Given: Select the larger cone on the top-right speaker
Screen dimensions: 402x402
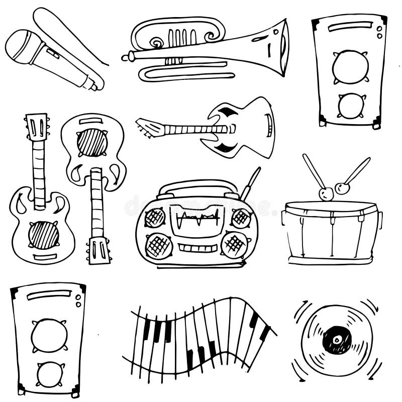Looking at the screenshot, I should pos(350,67).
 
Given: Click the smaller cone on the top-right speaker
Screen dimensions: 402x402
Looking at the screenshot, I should pos(351,106).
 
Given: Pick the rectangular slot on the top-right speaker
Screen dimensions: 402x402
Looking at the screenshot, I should pos(350,26).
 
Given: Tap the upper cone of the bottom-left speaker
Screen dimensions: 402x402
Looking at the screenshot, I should pos(49,335).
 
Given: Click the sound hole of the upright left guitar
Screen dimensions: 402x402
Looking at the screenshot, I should pos(43,235).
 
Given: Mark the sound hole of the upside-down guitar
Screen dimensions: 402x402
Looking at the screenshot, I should pos(92,142).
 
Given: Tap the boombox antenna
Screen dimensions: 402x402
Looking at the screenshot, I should pos(250,183).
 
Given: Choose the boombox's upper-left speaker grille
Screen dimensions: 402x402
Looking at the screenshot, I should pos(155,218).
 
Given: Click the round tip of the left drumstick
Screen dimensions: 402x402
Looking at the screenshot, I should pos(326,193).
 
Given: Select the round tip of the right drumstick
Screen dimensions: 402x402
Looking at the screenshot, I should pos(342,188).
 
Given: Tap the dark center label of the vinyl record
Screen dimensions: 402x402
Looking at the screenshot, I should pos(337,340).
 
